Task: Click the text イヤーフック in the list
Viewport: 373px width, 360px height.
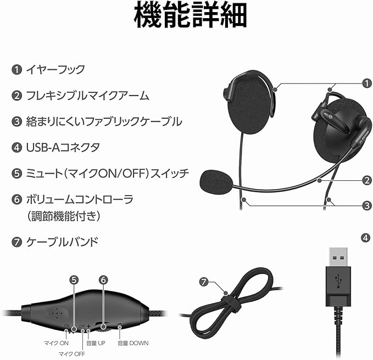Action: (x=55, y=70)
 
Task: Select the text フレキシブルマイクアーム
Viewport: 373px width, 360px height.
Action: (x=88, y=96)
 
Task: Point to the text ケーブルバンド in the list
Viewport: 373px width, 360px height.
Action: (x=63, y=241)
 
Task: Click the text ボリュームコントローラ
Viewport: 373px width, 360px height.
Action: (x=80, y=198)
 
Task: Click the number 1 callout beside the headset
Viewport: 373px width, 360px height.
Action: (x=365, y=83)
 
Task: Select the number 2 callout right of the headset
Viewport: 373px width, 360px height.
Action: (x=365, y=179)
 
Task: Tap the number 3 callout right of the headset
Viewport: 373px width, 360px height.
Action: (x=365, y=206)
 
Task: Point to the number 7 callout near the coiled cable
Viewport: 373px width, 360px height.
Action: (x=204, y=282)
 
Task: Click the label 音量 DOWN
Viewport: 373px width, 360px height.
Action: (x=132, y=344)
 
